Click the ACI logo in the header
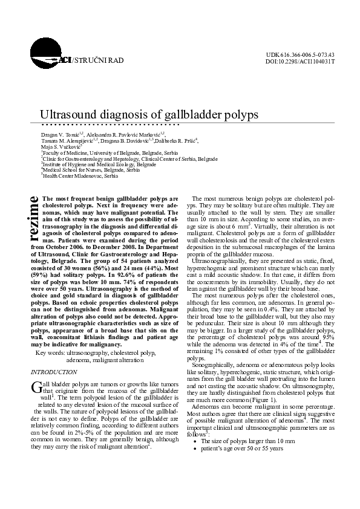[x=61, y=60]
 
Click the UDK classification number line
[x=300, y=55]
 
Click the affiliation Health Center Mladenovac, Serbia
[x=71, y=176]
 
